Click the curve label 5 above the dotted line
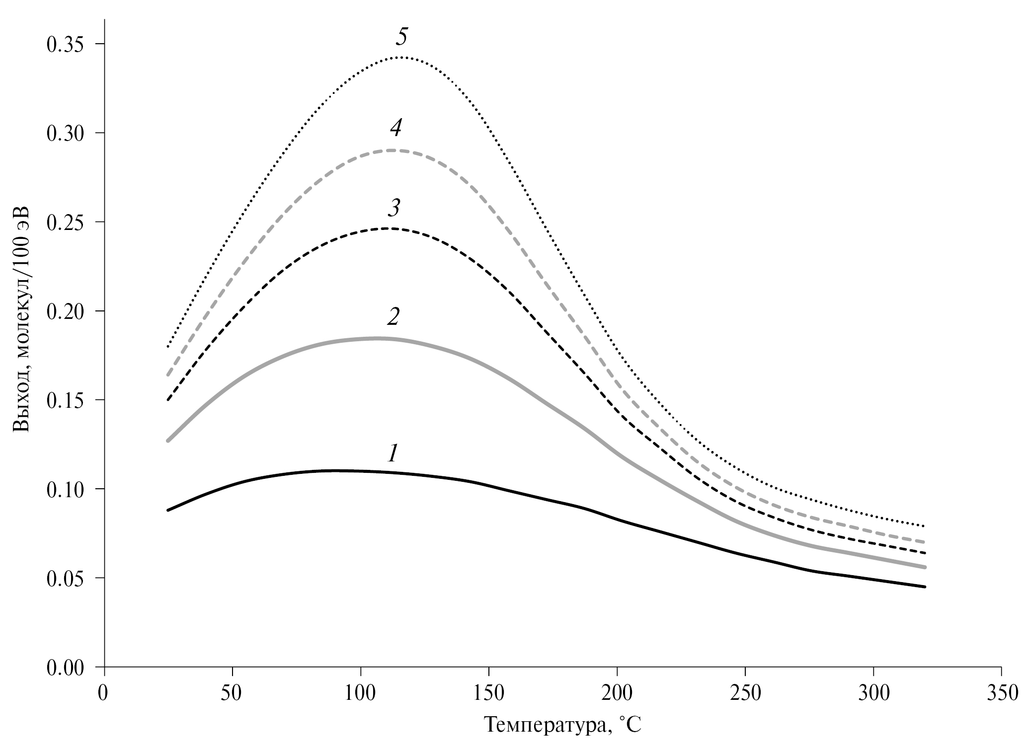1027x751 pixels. point(402,37)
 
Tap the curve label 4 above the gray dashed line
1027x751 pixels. point(395,129)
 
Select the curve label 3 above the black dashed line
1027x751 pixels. point(394,208)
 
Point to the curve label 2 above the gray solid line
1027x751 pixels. point(393,317)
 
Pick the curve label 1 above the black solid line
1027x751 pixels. point(393,453)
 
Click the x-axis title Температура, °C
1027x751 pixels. point(562,727)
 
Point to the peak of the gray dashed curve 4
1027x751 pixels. point(393,150)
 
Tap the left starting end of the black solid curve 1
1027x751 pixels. point(168,510)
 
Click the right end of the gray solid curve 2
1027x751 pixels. point(925,567)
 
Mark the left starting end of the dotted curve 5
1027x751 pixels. point(168,347)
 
